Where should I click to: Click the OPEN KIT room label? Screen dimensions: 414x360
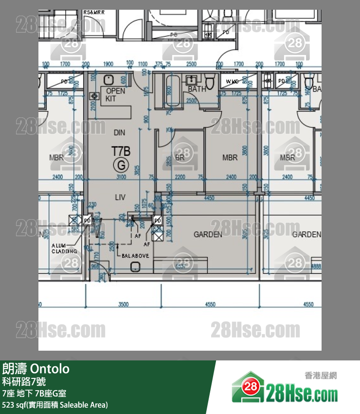coord(115,94)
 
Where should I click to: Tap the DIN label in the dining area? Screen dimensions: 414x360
coord(119,132)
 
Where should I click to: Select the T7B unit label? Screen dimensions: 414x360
coord(121,151)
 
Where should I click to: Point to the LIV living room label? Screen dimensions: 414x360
coord(120,197)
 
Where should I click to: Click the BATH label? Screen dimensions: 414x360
coord(197,89)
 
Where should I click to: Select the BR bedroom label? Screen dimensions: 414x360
coord(180,158)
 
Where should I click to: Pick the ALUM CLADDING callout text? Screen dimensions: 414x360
coord(64,248)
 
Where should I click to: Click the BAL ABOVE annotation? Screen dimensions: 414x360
coord(135,255)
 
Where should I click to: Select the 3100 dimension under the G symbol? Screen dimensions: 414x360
coord(121,177)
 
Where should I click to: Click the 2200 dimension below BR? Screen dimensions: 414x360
coord(180,177)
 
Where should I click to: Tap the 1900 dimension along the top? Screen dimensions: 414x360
coord(108,64)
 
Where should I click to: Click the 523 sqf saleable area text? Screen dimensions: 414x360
coord(55,405)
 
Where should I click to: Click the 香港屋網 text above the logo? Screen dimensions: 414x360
coord(321,376)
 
